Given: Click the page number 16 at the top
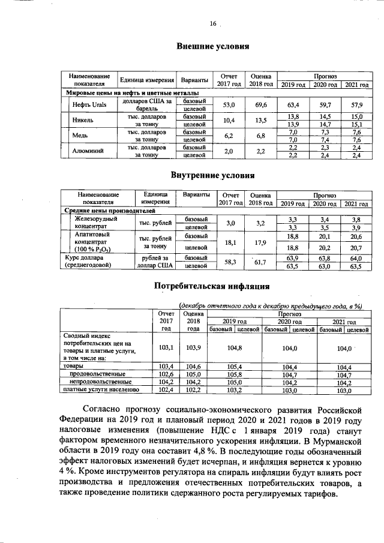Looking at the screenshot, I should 212,24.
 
